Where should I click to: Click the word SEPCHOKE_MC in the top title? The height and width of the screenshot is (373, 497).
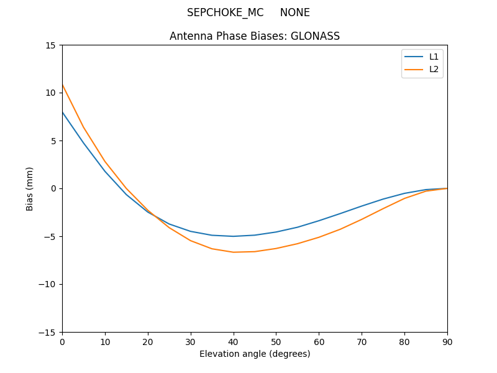coord(225,12)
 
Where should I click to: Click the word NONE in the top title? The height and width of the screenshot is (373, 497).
coord(294,12)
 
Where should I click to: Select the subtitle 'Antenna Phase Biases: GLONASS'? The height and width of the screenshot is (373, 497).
coord(255,36)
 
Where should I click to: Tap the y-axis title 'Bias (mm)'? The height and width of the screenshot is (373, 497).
coord(30,188)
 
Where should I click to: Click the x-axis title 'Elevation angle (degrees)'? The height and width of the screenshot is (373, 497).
coord(255,354)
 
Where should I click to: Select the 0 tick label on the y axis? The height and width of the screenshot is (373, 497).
coord(53,188)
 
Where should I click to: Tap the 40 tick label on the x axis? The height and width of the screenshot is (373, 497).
coord(234,342)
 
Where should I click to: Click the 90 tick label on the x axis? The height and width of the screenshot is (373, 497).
coord(447,342)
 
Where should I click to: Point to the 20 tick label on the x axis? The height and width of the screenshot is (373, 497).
coord(148,342)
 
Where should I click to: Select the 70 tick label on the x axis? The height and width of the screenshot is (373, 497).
coord(362,342)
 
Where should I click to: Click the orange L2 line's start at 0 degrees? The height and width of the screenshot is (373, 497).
coord(63,85)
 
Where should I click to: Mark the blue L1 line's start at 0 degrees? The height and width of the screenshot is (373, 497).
coord(63,113)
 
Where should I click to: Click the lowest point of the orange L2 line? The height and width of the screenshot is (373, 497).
coord(234,252)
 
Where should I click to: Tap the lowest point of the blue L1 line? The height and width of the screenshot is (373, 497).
coord(234,236)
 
